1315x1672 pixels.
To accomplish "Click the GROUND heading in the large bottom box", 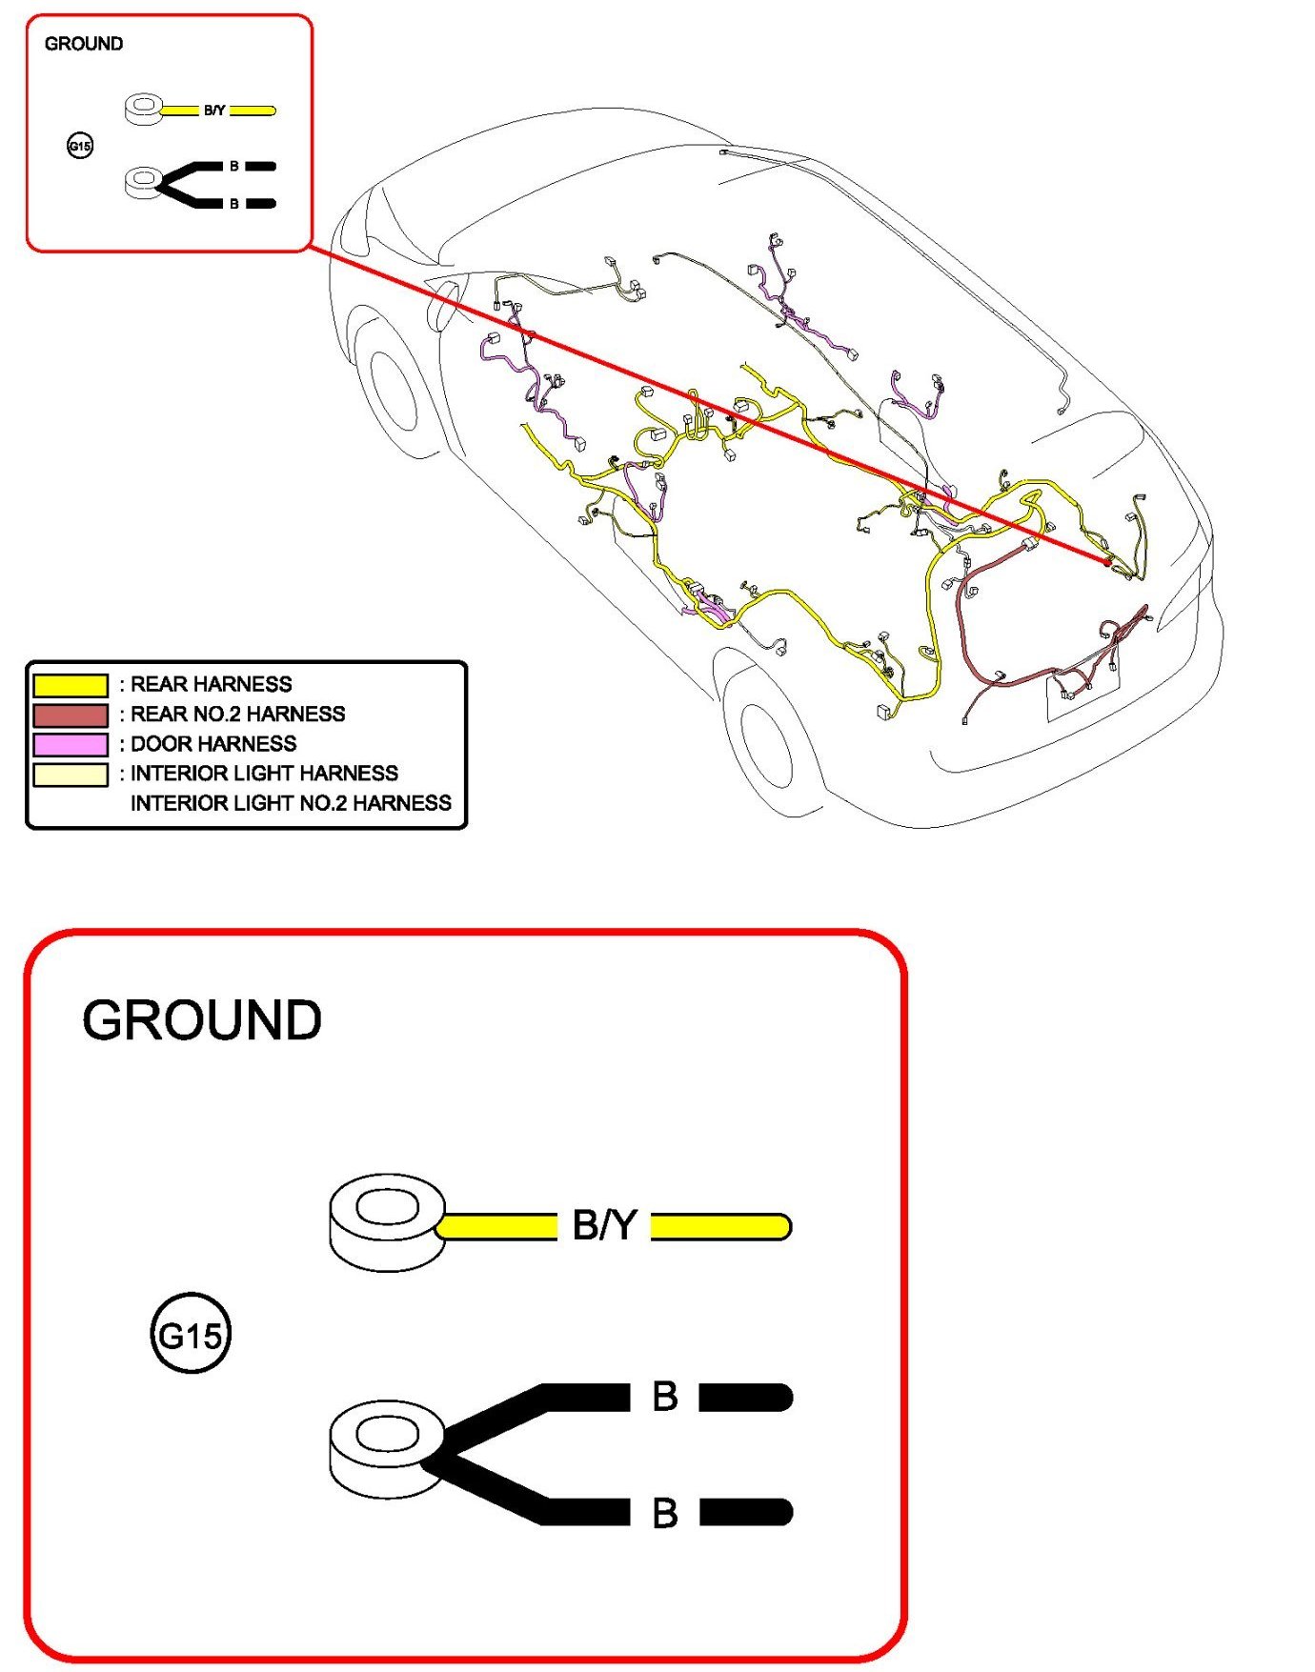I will pyautogui.click(x=202, y=1019).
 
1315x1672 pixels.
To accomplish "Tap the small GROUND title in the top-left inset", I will pyautogui.click(x=84, y=44).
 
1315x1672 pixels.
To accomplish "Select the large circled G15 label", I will pyautogui.click(x=191, y=1334).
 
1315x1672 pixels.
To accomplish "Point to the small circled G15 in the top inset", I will pyautogui.click(x=80, y=146).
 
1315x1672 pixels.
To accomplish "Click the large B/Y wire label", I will pyautogui.click(x=604, y=1225).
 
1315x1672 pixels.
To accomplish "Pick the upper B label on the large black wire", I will pyautogui.click(x=665, y=1397).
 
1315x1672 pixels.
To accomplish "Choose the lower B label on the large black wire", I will pyautogui.click(x=665, y=1512).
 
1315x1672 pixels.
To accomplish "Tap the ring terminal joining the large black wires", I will pyautogui.click(x=385, y=1446).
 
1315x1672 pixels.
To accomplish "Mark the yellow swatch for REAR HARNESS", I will pyautogui.click(x=71, y=685).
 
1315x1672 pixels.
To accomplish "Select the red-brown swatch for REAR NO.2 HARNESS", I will pyautogui.click(x=71, y=715).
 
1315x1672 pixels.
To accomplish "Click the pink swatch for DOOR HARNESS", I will pyautogui.click(x=71, y=744).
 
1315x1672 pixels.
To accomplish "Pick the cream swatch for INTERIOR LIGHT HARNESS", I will pyautogui.click(x=71, y=774).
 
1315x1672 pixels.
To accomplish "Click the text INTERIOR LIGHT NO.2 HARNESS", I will pyautogui.click(x=291, y=803).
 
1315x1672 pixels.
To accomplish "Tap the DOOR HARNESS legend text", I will pyautogui.click(x=213, y=744).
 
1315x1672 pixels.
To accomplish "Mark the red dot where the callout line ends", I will pyautogui.click(x=1106, y=562).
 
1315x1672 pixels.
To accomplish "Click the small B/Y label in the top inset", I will pyautogui.click(x=214, y=111).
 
